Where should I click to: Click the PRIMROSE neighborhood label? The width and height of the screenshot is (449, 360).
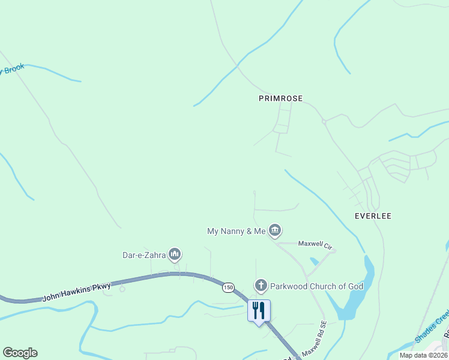click(x=280, y=98)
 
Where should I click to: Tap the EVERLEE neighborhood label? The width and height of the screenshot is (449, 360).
click(x=373, y=216)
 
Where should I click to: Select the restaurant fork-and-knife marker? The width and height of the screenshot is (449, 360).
click(x=259, y=311)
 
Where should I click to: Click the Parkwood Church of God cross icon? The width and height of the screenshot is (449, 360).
click(x=261, y=286)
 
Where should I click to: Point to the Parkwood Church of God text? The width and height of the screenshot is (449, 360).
click(x=316, y=286)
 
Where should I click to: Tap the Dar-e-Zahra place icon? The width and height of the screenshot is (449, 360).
click(x=175, y=255)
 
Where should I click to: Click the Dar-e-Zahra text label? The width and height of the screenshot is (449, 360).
click(x=144, y=255)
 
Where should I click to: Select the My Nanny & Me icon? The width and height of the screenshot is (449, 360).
click(x=275, y=230)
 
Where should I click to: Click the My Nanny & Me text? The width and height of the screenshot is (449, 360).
click(x=236, y=231)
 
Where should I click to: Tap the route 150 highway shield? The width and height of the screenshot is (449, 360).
click(x=228, y=288)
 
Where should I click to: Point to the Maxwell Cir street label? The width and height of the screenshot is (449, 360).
click(x=316, y=245)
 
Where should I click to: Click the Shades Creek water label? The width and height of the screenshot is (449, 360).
click(x=432, y=326)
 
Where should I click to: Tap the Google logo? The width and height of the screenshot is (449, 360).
click(x=20, y=353)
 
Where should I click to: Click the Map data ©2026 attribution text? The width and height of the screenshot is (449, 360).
click(x=423, y=355)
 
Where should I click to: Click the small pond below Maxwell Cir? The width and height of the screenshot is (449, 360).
click(x=315, y=262)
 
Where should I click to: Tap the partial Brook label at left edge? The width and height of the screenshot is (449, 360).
click(x=12, y=69)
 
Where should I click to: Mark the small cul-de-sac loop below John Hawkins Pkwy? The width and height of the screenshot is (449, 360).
click(x=122, y=289)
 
